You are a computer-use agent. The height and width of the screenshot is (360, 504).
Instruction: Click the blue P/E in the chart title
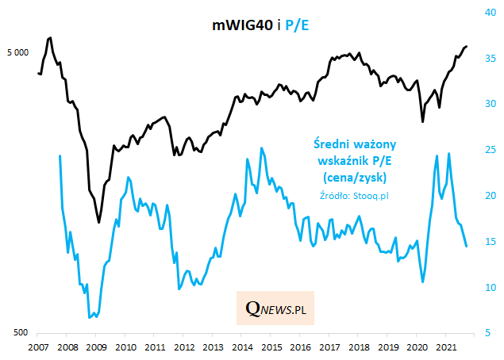[x=295, y=26]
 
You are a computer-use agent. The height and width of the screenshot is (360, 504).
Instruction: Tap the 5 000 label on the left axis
[x=17, y=53]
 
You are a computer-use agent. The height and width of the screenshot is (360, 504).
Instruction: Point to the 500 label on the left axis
[x=21, y=333]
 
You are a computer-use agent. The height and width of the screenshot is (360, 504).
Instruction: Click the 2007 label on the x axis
[x=37, y=347]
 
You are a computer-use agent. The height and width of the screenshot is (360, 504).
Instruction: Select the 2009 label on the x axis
[x=96, y=347]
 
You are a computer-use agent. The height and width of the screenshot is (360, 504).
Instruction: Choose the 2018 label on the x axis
[x=358, y=347]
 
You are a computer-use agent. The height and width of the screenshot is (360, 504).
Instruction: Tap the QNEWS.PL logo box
[x=275, y=308]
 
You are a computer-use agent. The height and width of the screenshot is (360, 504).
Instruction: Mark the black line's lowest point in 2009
[x=98, y=222]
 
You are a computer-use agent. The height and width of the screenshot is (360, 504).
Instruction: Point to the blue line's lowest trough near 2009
[x=90, y=317]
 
